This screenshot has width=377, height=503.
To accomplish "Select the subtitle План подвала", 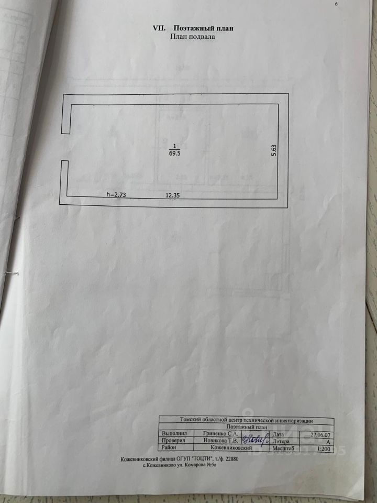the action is tap(192, 37).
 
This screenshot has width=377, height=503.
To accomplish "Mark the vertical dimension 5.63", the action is tap(280, 151).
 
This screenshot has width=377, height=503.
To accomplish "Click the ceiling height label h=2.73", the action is tap(117, 194).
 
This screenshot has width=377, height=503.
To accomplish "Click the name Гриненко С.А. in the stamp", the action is tap(220, 434).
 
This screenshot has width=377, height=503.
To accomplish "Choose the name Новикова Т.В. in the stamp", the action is tap(220, 441).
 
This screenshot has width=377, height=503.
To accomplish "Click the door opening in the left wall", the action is tap(65, 147).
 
